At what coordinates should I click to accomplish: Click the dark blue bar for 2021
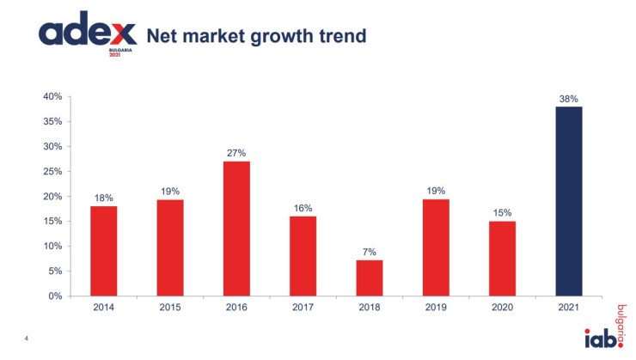tap(568, 201)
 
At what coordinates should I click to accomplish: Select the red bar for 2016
tap(236, 229)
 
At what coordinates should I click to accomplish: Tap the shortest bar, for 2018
tap(370, 278)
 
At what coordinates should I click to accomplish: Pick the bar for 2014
tap(103, 251)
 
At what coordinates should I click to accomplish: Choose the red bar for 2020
tap(502, 259)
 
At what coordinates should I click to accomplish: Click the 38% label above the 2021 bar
tap(568, 98)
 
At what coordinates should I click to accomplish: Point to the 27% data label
tap(236, 153)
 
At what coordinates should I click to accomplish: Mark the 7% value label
tap(370, 252)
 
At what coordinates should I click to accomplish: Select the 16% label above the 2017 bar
tap(303, 208)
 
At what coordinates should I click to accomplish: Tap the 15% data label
tap(502, 212)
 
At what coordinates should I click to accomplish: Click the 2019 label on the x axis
tap(436, 307)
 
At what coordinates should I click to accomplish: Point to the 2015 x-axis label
tap(170, 307)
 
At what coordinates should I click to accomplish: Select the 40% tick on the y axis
tap(52, 96)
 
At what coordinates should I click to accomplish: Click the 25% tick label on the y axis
tap(52, 171)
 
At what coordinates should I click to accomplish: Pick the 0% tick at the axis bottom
tap(55, 296)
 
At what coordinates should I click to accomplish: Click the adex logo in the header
tap(87, 35)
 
